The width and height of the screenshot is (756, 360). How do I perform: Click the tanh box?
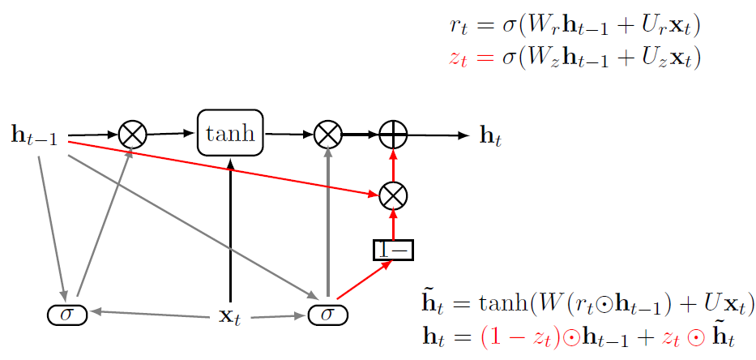pos(231,133)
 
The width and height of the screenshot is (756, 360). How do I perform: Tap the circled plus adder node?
pos(393,135)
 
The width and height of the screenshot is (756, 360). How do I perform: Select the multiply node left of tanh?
pos(131,134)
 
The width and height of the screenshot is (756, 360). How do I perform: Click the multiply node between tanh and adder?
pos(327,134)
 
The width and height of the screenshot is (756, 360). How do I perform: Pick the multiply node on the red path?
pos(393,195)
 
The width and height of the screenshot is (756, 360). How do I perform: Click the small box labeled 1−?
pos(393,250)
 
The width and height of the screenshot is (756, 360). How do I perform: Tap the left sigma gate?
pos(67,313)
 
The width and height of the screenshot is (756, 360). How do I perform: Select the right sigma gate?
pos(327,313)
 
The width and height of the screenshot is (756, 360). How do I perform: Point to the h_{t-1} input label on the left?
pos(33,135)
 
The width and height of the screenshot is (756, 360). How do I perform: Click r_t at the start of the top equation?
pos(459,26)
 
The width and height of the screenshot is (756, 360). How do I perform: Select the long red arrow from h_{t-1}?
pos(227,167)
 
